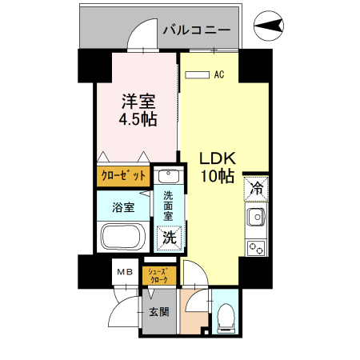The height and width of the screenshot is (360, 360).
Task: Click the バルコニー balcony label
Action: tap(197, 30)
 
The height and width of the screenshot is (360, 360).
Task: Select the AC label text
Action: tap(218, 75)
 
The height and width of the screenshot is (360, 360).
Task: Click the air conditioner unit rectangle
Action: tap(196, 75)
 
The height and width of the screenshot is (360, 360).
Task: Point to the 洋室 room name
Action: tap(138, 102)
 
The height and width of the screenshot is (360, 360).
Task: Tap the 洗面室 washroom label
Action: tap(169, 206)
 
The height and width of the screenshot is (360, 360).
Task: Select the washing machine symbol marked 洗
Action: tap(168, 236)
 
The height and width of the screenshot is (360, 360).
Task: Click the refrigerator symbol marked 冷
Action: tap(256, 189)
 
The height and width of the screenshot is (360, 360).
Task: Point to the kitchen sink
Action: tap(256, 217)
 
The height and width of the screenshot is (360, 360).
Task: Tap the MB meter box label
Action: tap(126, 273)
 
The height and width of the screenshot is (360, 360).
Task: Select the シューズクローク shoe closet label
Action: tap(157, 276)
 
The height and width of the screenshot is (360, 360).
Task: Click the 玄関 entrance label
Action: tap(158, 312)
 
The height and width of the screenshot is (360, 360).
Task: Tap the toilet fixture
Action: tap(226, 315)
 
